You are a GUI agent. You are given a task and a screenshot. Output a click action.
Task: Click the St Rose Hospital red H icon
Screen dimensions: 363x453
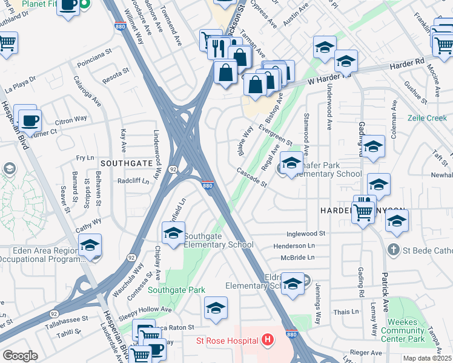(267, 341)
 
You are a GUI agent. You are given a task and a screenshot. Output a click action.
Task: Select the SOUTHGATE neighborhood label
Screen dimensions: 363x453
(126, 163)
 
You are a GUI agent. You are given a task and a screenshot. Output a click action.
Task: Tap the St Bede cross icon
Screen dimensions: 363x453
(393, 249)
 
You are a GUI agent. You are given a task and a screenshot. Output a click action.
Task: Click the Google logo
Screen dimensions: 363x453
(20, 355)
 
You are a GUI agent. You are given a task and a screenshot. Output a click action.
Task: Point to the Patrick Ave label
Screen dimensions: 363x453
(385, 292)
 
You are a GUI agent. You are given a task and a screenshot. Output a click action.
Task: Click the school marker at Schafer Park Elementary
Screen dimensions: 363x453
(291, 163)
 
